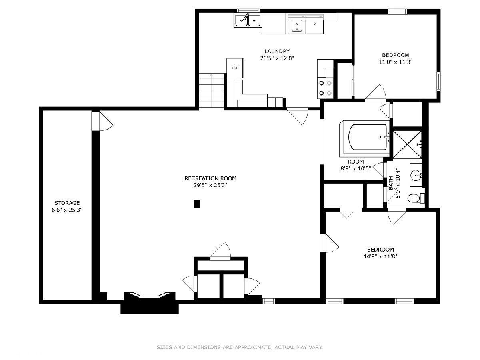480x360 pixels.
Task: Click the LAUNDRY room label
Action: pos(277,51)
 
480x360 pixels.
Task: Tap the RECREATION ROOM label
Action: pos(210,178)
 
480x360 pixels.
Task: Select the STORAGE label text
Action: pos(67,203)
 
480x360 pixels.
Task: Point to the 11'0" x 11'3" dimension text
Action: pos(395,62)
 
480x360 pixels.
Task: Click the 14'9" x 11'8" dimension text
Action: pos(380,256)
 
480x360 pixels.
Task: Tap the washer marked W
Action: pos(297,27)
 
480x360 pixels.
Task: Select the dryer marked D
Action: pos(315,27)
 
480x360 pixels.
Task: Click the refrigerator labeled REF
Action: pos(235,68)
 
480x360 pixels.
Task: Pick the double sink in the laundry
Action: pos(248,20)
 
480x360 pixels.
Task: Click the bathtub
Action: pos(365,138)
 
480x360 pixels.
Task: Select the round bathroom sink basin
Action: pos(415,175)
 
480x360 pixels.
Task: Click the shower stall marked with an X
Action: pos(407,144)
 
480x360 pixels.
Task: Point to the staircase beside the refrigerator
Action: pos(212,90)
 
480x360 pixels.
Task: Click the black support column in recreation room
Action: pos(197,204)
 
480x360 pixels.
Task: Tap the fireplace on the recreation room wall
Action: pos(150,302)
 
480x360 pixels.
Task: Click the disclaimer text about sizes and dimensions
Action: pos(240,347)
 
